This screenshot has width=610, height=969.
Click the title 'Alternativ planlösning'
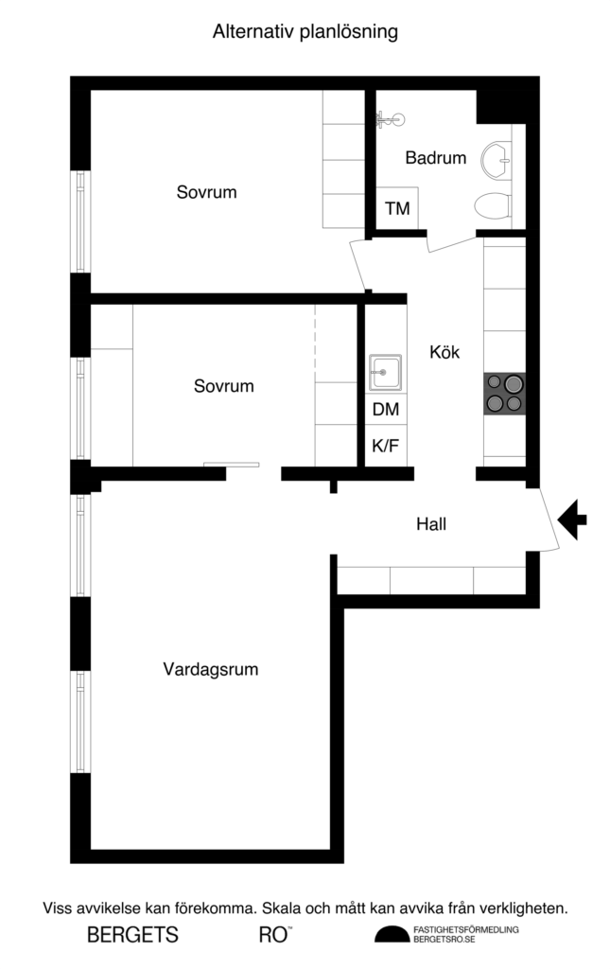(x=305, y=32)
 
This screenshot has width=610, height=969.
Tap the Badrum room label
(x=436, y=158)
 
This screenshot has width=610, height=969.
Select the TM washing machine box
(x=398, y=208)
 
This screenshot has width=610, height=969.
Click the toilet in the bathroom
(x=492, y=205)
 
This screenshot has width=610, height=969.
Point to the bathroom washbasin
(x=496, y=160)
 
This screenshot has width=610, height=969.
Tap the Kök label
(x=444, y=352)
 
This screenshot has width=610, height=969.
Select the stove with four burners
(x=504, y=393)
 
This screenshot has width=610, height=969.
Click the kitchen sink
(x=385, y=371)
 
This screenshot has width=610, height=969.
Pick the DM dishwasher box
(x=385, y=410)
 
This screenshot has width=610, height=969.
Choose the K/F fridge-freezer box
(x=385, y=446)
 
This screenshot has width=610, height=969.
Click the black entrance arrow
(x=572, y=519)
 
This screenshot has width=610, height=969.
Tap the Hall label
(x=431, y=523)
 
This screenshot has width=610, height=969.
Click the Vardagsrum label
(x=210, y=669)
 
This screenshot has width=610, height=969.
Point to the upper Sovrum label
(x=206, y=192)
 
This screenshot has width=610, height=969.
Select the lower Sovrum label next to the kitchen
(x=223, y=386)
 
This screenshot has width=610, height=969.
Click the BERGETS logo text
(x=132, y=935)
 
